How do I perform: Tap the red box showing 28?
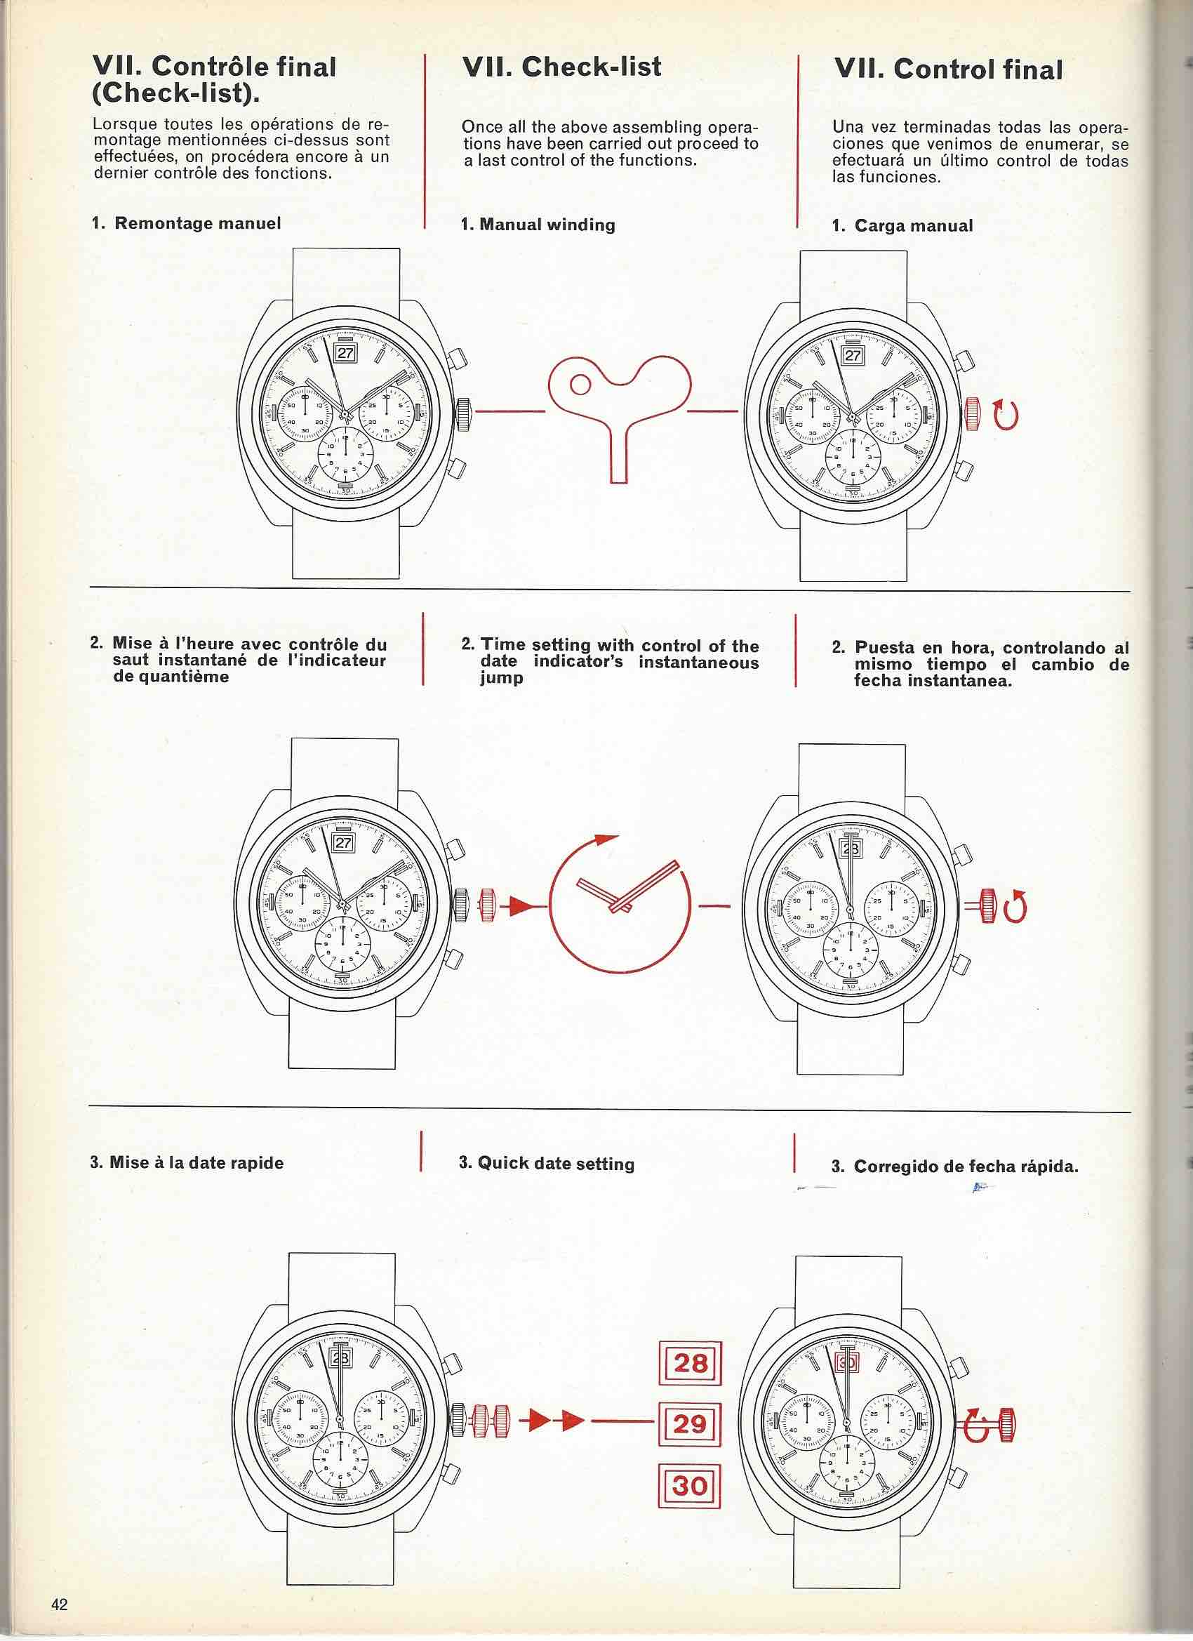tap(691, 1364)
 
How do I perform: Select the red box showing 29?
tap(691, 1424)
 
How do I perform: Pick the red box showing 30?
tap(691, 1486)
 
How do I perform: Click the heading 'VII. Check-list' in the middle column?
tap(561, 67)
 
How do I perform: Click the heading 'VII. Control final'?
tap(948, 69)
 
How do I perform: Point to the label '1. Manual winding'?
tap(538, 225)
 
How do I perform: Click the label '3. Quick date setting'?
tap(546, 1164)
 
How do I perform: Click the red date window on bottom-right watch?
tap(846, 1362)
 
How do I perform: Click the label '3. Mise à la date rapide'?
tap(187, 1163)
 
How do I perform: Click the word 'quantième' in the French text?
tap(171, 677)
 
